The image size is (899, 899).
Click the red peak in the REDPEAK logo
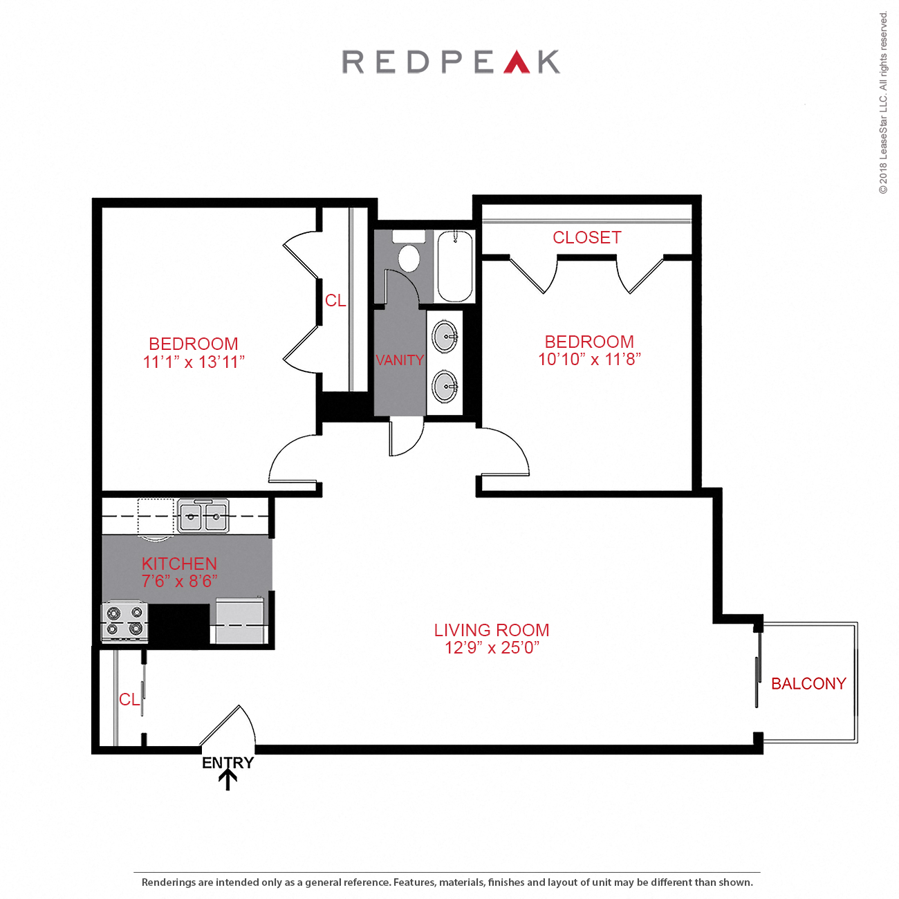click(517, 63)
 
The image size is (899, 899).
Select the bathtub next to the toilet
click(454, 266)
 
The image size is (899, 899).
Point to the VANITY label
click(399, 360)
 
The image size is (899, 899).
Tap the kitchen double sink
click(203, 515)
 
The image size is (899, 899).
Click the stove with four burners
click(124, 620)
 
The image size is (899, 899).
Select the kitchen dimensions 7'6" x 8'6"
click(179, 582)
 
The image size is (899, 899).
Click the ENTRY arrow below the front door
click(228, 779)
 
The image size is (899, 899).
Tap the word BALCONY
click(808, 684)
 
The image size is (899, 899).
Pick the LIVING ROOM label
click(491, 630)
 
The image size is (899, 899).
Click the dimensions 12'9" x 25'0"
click(491, 648)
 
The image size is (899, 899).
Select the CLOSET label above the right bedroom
click(586, 238)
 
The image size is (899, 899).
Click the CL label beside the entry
click(129, 700)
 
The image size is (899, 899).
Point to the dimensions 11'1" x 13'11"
click(194, 362)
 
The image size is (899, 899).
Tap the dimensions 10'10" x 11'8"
click(589, 360)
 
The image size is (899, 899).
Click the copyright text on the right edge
click(883, 104)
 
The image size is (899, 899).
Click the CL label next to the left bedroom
click(335, 301)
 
